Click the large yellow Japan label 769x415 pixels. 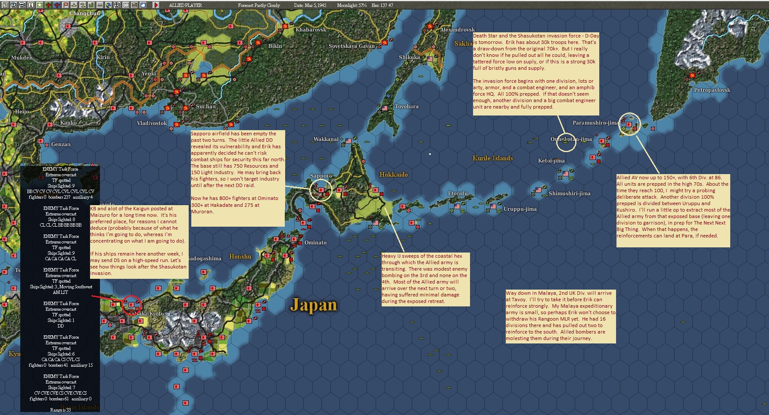point(313,305)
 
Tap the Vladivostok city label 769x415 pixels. point(152,123)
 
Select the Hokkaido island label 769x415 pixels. point(393,175)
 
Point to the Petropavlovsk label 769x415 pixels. point(712,90)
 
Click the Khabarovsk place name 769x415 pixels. point(311,30)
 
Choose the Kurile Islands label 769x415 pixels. point(492,158)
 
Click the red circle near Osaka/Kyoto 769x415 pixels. point(131,305)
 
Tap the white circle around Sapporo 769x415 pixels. point(321,190)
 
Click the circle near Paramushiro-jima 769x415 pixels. point(629,124)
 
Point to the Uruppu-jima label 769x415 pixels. point(520,209)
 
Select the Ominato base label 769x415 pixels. point(315,243)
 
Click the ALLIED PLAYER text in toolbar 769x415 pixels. point(185,5)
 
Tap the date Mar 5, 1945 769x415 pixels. point(310,5)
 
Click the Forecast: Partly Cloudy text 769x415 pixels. point(258,5)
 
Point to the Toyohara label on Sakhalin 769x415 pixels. point(407,106)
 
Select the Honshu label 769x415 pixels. point(240,256)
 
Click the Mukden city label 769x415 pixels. point(22,57)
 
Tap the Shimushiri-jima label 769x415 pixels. point(569,193)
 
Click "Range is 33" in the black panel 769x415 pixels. point(60,410)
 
